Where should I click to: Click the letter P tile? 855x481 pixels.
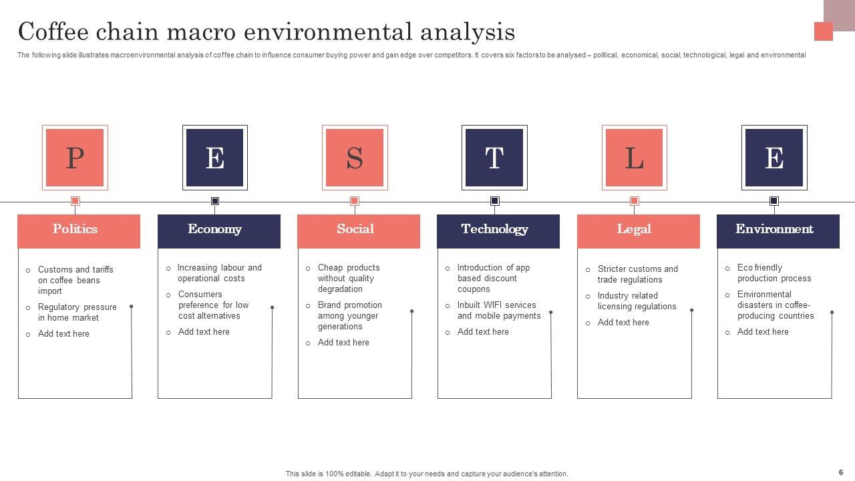click(75, 158)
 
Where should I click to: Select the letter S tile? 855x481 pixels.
click(355, 158)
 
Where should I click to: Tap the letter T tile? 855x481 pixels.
click(494, 158)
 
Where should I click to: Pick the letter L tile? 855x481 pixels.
click(634, 158)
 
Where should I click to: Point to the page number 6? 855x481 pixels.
click(840, 472)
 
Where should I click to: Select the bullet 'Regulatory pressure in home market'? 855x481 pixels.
click(77, 313)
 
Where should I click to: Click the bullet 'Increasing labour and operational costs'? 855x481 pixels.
click(219, 273)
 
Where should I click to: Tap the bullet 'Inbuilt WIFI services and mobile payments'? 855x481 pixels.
click(498, 311)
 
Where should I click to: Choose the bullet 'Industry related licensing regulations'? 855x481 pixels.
click(637, 301)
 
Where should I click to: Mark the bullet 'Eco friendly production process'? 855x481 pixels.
click(774, 273)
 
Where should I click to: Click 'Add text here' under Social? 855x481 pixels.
click(343, 343)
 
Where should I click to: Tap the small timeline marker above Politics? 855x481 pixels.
click(75, 201)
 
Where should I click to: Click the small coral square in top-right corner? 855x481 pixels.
click(823, 31)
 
